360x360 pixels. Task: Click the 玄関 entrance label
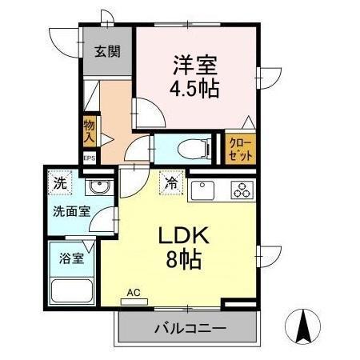[x=107, y=52]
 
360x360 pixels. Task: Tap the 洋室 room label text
[x=194, y=62]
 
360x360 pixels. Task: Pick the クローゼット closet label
[x=239, y=148]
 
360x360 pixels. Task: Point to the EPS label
[x=90, y=158]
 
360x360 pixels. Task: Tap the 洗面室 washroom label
[x=71, y=214]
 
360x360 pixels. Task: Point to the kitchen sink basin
[x=201, y=190]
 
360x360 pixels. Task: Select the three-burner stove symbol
[x=241, y=190]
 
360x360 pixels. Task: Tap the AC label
[x=133, y=294]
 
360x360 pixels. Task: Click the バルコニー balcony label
[x=190, y=327]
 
